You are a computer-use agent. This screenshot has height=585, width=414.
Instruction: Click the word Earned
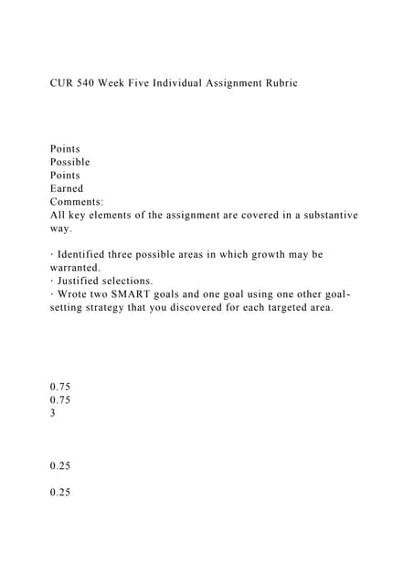(67, 188)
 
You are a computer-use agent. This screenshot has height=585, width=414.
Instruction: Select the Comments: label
(77, 201)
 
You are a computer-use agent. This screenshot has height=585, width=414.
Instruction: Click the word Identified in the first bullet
(88, 254)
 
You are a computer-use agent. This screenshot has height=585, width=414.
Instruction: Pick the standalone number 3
(53, 413)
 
